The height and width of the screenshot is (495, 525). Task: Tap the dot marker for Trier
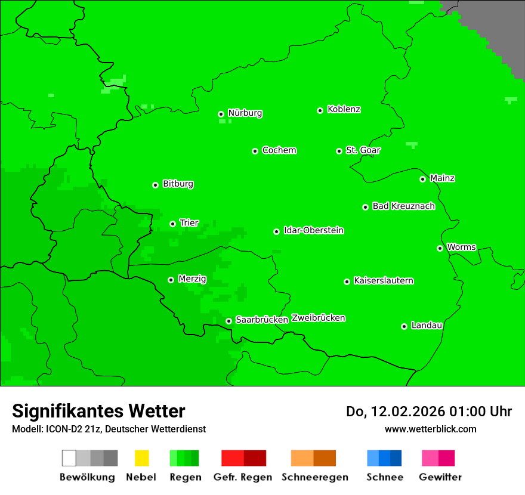pos(172,224)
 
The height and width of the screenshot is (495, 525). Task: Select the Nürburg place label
pos(245,113)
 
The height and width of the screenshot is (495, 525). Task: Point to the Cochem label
pos(279,150)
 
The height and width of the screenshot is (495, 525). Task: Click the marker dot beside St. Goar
pos(339,151)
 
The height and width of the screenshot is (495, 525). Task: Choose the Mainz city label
pos(442,178)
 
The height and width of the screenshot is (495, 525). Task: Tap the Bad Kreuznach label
pos(403,206)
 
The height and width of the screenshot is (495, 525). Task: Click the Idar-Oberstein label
pos(313,230)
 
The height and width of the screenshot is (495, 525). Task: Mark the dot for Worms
pos(440,248)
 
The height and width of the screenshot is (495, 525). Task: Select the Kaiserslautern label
pos(383,280)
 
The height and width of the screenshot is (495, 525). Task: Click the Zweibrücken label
pos(318,318)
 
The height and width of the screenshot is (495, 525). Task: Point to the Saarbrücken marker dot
pos(228,321)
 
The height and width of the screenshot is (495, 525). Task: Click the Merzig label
pos(192,279)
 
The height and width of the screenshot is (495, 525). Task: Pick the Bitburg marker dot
pos(155,185)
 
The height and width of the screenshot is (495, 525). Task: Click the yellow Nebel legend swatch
pos(141,458)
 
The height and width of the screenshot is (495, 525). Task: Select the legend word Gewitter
pos(440,477)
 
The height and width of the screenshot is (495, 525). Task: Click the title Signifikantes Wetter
pos(98,411)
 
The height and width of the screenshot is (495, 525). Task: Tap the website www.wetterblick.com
pos(430,429)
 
